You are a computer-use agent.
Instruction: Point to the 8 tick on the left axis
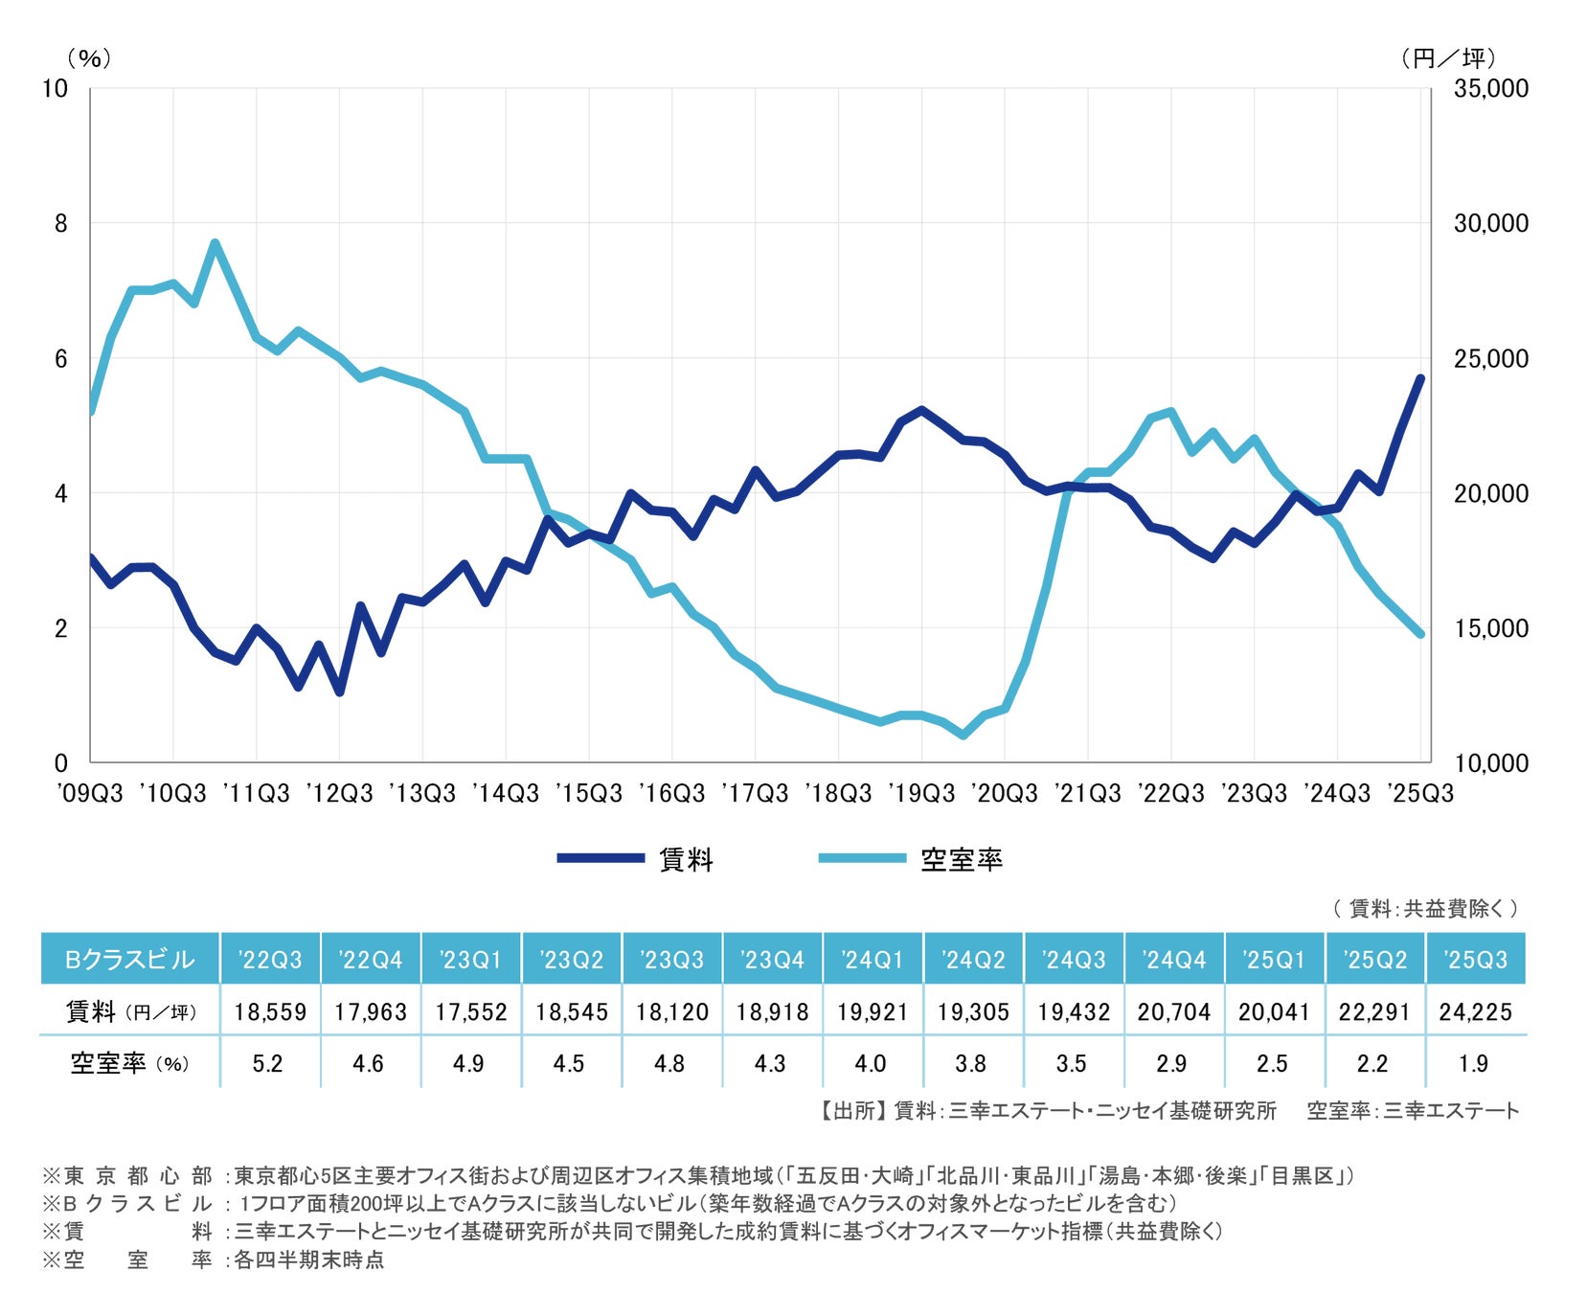pos(61,223)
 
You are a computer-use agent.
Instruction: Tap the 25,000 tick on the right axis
pos(1490,359)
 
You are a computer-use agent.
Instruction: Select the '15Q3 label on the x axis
pos(589,793)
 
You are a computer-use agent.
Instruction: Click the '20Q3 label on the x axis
pos(1004,793)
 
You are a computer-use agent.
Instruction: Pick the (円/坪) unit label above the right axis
pos(1447,58)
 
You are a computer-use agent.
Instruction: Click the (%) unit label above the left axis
pos(89,58)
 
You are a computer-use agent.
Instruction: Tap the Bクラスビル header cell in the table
pos(129,959)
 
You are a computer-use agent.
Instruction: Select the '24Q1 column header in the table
pos(872,959)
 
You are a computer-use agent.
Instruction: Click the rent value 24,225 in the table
pos(1475,1011)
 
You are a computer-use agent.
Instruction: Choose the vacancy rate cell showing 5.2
pos(268,1063)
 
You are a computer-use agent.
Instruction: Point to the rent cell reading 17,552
pos(470,1011)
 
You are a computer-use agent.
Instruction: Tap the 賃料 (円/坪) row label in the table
pos(130,1011)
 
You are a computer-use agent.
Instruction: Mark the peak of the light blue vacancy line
pos(215,243)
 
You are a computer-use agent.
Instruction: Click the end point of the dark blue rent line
pos(1420,378)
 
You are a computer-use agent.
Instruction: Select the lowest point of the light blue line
pos(963,736)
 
